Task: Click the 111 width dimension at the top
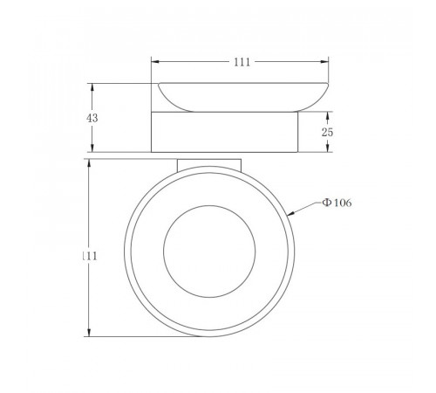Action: click(x=242, y=62)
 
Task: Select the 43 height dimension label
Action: click(x=92, y=118)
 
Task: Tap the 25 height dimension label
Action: click(x=327, y=132)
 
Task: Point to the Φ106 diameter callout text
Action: click(x=337, y=203)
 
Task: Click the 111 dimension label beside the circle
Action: click(x=90, y=256)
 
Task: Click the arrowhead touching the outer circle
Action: click(x=291, y=214)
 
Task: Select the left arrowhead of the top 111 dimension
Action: click(x=155, y=62)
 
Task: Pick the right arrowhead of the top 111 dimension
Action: click(x=324, y=62)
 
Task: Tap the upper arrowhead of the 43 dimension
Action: click(x=92, y=87)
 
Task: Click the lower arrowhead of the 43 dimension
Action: click(x=92, y=148)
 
